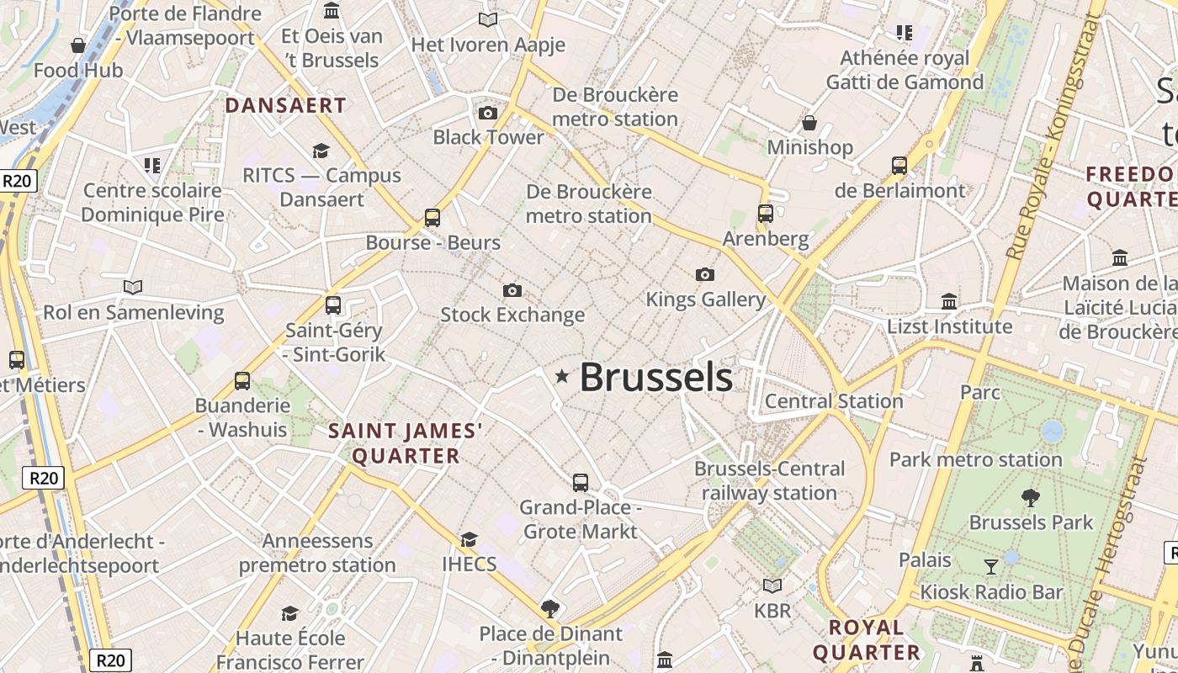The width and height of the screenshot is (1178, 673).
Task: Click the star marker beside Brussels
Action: tap(562, 377)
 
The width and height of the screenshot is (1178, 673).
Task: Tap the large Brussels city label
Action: tap(655, 378)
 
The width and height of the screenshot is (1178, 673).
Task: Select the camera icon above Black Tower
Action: tap(487, 113)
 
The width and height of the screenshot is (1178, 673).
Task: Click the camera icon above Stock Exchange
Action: tap(512, 291)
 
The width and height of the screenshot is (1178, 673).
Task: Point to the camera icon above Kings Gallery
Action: tap(705, 274)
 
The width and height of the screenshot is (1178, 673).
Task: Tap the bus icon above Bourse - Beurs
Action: tap(432, 218)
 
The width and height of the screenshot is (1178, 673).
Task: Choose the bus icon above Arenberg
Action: tap(766, 214)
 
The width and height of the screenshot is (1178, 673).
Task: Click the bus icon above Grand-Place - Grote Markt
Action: tap(581, 483)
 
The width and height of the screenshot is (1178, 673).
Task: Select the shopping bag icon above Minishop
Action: tap(809, 124)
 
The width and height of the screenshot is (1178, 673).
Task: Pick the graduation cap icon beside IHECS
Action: tap(469, 539)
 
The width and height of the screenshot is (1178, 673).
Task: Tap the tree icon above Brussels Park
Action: tap(1030, 498)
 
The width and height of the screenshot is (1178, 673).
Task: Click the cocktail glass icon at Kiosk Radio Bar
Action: tap(991, 567)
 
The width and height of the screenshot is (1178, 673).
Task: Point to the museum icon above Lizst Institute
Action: tap(949, 301)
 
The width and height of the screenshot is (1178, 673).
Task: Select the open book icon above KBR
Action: tap(772, 586)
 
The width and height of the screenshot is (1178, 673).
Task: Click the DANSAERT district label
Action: tap(285, 105)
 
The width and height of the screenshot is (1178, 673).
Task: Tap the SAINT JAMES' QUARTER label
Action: tap(406, 443)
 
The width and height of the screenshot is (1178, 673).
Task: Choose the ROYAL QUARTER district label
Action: tap(866, 639)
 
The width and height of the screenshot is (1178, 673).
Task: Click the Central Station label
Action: tap(834, 401)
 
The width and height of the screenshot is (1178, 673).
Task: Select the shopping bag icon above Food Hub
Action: tap(78, 45)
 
